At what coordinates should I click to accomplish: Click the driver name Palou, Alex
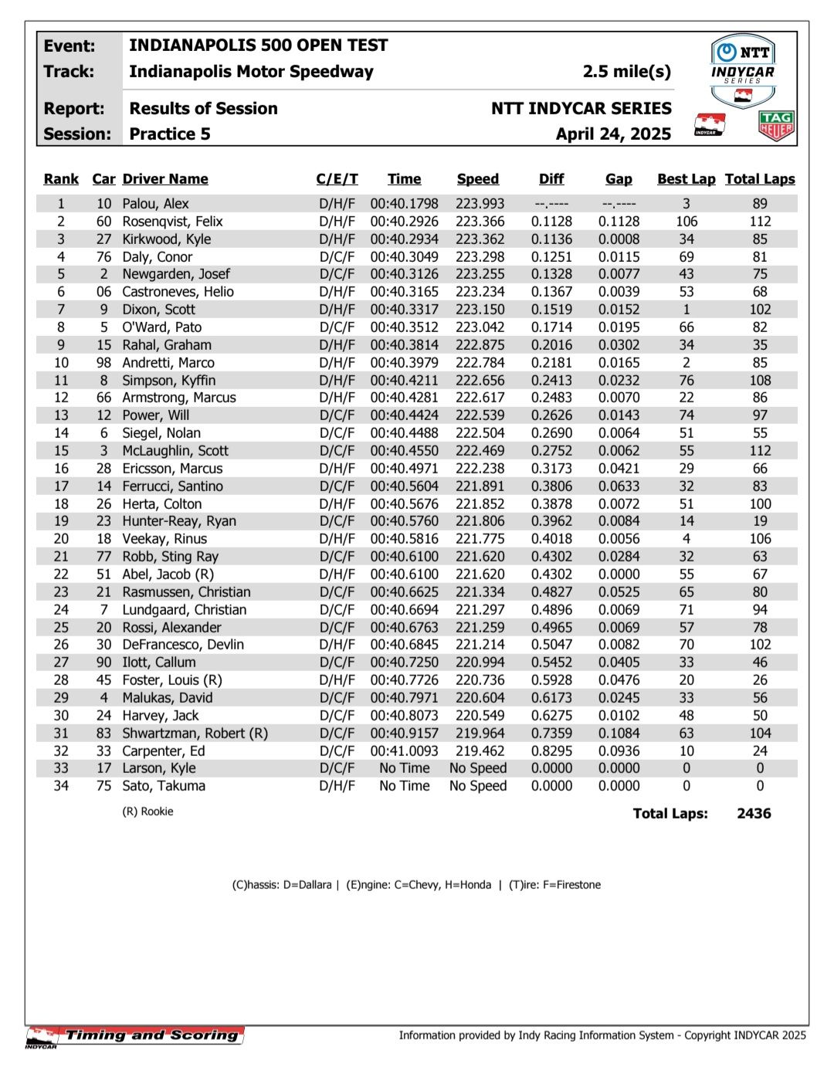(155, 204)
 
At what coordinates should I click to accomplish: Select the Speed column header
(477, 179)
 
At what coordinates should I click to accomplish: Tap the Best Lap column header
(686, 179)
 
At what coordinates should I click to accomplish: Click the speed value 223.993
(480, 204)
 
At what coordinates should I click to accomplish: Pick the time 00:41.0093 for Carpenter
(404, 751)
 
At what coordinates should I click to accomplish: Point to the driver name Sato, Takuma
(164, 786)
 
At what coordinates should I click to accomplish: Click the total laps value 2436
(754, 813)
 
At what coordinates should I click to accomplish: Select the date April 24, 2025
(613, 134)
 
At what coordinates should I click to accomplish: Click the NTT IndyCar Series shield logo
(742, 71)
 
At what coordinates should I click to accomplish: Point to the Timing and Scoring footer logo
(136, 1036)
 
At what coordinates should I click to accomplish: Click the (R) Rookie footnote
(147, 812)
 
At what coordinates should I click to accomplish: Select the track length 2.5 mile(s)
(626, 72)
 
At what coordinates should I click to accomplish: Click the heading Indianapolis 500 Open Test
(258, 46)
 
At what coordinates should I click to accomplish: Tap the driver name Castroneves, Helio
(178, 292)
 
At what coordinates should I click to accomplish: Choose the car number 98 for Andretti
(103, 363)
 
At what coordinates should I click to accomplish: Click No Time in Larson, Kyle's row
(404, 768)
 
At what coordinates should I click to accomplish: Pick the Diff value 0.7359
(551, 734)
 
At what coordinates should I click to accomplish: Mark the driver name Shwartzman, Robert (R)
(195, 734)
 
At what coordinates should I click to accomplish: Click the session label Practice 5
(169, 134)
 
